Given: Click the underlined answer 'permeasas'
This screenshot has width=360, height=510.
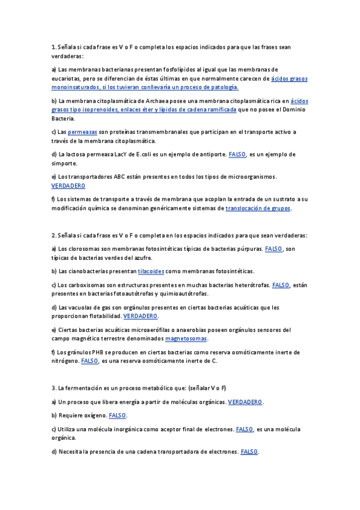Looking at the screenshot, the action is pyautogui.click(x=82, y=132).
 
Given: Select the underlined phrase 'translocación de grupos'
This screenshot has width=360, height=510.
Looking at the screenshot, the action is pyautogui.click(x=258, y=208).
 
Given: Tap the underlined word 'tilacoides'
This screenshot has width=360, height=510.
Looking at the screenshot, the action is pyautogui.click(x=151, y=271).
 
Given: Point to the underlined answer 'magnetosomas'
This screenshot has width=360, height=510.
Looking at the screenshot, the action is pyautogui.click(x=186, y=339).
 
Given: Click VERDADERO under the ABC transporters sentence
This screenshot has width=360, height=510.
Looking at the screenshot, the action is pyautogui.click(x=69, y=186).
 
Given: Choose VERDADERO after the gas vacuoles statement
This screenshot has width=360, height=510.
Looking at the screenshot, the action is pyautogui.click(x=141, y=316).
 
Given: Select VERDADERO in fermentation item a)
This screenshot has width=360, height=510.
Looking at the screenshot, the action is pyautogui.click(x=246, y=402).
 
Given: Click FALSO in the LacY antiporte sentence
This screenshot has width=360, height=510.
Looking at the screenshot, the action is pyautogui.click(x=237, y=155).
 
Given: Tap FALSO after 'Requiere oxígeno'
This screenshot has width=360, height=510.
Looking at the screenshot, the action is pyautogui.click(x=118, y=416).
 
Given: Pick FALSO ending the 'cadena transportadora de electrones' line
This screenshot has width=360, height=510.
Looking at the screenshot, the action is pyautogui.click(x=249, y=452).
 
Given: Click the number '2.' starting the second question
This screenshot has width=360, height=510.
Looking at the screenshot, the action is pyautogui.click(x=53, y=235).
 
